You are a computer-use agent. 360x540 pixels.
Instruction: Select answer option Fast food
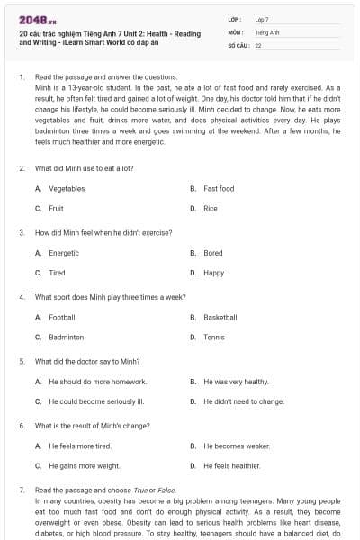(219, 189)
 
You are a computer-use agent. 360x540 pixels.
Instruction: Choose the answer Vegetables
(67, 189)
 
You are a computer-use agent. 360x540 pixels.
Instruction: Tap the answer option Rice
(211, 209)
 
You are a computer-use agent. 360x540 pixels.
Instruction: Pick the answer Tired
(57, 273)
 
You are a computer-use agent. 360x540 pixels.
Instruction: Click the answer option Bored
(213, 253)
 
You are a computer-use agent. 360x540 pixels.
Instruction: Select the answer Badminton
(67, 337)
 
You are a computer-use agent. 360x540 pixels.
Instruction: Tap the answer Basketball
(220, 318)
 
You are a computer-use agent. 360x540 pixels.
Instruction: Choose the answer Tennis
(214, 337)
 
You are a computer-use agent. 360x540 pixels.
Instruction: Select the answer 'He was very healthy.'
(236, 382)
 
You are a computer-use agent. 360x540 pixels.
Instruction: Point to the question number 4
(21, 296)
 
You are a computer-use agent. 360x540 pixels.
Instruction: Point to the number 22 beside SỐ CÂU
(258, 44)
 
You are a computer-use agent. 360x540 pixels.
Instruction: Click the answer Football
(62, 318)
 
